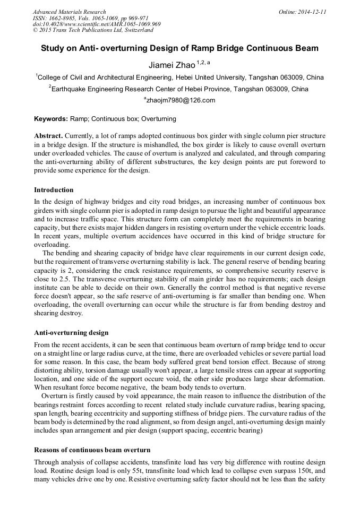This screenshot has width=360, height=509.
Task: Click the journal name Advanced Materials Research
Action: (x=69, y=11)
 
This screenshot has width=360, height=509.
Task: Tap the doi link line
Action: (x=97, y=24)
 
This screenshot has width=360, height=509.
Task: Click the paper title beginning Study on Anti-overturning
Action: (x=179, y=48)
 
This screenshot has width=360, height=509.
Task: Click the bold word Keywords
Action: (x=50, y=119)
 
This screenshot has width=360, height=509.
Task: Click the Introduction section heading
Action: (x=54, y=189)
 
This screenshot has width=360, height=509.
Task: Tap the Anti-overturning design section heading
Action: (x=71, y=333)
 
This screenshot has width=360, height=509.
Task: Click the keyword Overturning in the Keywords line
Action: (x=159, y=119)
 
